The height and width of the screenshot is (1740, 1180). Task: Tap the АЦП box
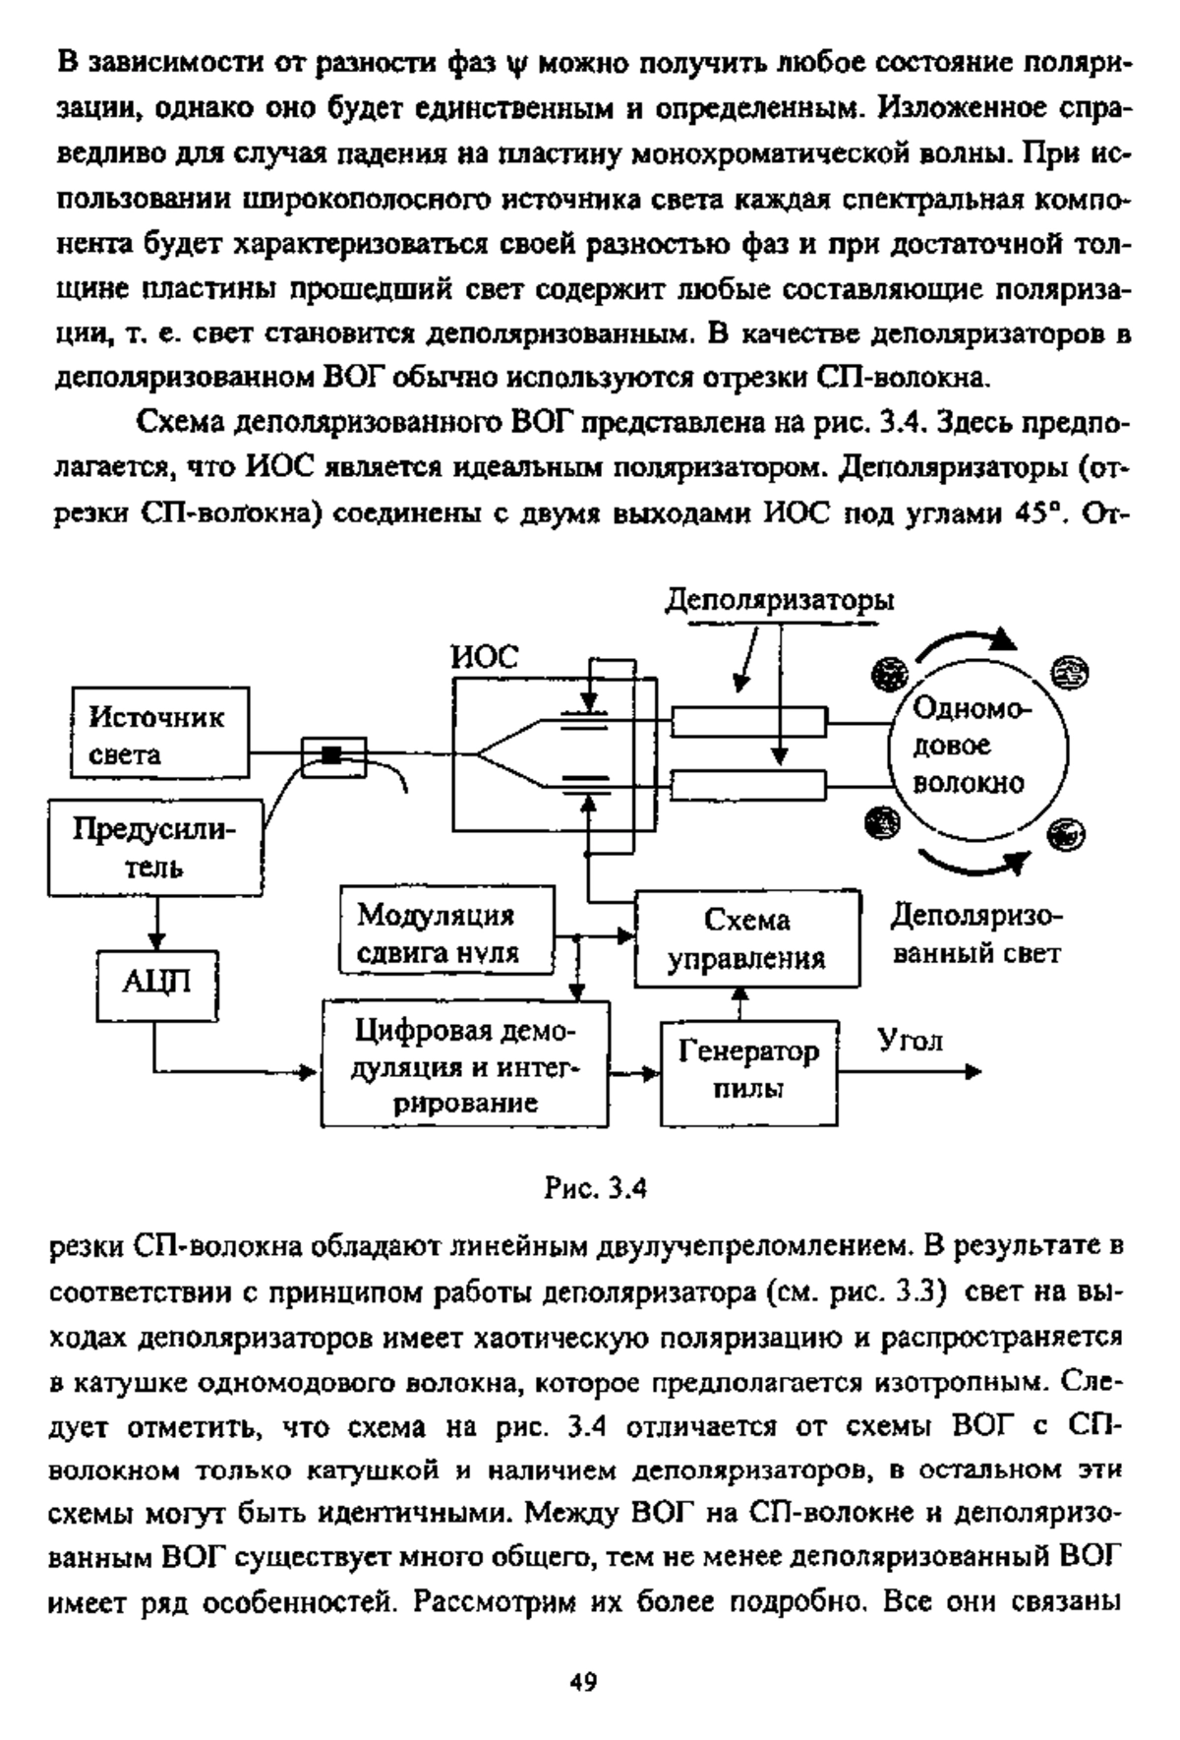pos(156,985)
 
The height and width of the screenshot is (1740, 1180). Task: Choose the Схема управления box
pos(747,937)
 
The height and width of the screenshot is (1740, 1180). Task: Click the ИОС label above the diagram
pos(484,656)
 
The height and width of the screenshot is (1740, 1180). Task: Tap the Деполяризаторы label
pos(780,601)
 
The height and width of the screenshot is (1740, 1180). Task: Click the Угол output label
pos(911,1039)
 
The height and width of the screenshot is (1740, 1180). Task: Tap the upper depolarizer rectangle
pos(748,724)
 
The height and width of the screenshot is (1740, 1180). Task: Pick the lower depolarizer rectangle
pos(748,785)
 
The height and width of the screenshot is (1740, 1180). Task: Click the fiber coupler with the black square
pos(333,755)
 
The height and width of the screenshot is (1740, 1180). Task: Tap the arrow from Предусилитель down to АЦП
pos(155,924)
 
